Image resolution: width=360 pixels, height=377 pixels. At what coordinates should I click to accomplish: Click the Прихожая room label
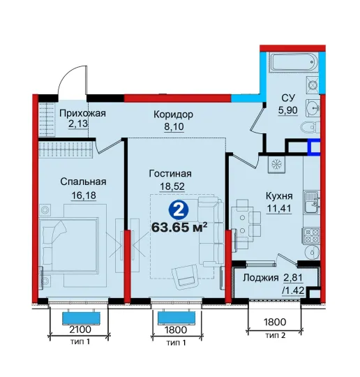(82, 113)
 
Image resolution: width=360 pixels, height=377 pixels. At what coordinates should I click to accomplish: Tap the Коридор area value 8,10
(174, 126)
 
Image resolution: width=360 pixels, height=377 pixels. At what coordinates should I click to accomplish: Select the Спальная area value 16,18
(84, 195)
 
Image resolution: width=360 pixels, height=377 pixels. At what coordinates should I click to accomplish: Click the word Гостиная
(170, 174)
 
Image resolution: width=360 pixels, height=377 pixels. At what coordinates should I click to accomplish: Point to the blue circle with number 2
(179, 210)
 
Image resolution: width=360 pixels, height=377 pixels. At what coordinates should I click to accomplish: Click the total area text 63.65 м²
(179, 227)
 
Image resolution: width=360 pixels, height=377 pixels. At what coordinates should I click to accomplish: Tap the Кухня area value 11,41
(279, 208)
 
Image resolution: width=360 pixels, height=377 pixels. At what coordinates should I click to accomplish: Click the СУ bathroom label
(288, 98)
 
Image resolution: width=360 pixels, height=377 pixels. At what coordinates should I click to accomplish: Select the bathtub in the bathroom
(293, 62)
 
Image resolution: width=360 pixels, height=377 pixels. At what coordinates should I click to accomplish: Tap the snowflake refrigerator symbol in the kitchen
(276, 165)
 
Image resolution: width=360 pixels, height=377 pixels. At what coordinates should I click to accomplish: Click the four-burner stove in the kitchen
(312, 236)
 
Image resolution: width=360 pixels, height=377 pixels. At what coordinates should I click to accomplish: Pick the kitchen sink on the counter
(312, 202)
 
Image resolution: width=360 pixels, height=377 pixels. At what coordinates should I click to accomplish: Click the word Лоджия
(261, 278)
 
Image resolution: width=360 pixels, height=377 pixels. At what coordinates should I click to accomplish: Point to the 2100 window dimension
(80, 329)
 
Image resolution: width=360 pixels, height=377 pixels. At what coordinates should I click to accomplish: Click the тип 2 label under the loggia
(276, 335)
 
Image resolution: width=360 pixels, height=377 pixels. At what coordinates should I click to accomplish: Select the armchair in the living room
(186, 276)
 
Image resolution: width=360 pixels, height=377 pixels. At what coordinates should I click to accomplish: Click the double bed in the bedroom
(70, 245)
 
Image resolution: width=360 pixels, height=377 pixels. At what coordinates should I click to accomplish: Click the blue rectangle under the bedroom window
(81, 318)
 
